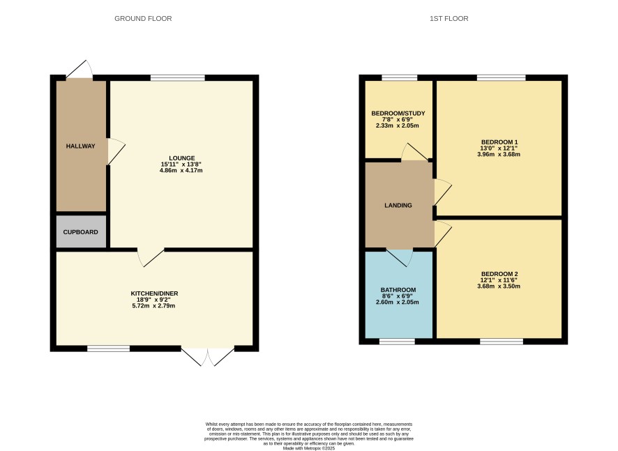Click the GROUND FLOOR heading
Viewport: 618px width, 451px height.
point(143,19)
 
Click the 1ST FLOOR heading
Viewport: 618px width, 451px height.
point(449,19)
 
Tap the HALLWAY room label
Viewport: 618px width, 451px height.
point(80,146)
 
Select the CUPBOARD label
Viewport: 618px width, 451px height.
point(80,232)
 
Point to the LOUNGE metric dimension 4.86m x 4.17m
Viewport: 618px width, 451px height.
point(181,171)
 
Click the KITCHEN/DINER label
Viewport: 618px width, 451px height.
point(155,293)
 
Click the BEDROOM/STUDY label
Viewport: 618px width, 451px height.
point(398,114)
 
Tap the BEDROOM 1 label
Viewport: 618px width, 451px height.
point(499,142)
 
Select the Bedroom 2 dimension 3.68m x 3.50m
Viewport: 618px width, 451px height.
point(499,286)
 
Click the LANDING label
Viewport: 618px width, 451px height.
point(398,205)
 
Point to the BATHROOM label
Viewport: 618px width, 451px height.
point(398,290)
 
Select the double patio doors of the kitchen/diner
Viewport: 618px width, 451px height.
point(208,356)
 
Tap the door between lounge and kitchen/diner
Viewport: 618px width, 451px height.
point(151,258)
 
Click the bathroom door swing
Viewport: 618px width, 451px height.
point(400,258)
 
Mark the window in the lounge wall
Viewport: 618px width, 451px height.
point(178,77)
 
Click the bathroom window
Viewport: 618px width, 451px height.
point(397,342)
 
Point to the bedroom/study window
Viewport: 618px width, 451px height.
point(399,77)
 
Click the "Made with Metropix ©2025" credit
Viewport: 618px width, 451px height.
point(309,448)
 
